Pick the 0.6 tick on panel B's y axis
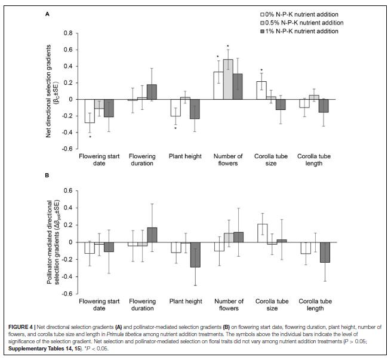pyautogui.click(x=68, y=191)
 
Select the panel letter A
pyautogui.click(x=47, y=11)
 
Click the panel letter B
pyautogui.click(x=47, y=176)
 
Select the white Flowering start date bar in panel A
pyautogui.click(x=90, y=111)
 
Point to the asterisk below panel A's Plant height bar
pyautogui.click(x=175, y=128)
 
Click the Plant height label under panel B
pyautogui.click(x=184, y=302)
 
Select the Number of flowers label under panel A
pyautogui.click(x=227, y=160)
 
